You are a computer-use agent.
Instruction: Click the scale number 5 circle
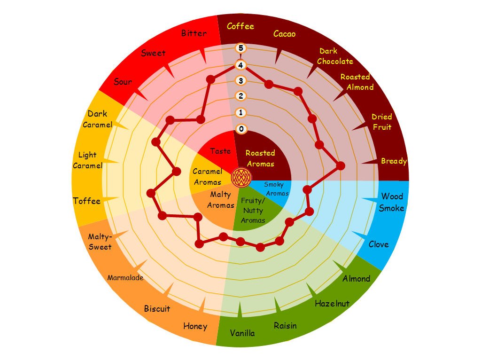(241, 48)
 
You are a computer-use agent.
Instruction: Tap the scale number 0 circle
(241, 129)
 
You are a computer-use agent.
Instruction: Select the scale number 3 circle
(241, 80)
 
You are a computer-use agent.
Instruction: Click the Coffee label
(240, 26)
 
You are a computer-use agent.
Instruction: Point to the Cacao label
(284, 34)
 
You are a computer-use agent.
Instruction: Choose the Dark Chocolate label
(335, 56)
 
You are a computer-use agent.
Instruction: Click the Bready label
(394, 161)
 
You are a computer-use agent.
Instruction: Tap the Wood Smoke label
(391, 202)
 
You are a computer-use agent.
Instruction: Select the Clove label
(379, 244)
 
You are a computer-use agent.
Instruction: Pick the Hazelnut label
(332, 303)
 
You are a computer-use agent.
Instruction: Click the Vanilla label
(242, 333)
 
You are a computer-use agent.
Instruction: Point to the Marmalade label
(125, 278)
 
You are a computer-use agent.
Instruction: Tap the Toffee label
(87, 201)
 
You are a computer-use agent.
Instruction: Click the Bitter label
(194, 33)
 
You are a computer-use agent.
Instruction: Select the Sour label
(123, 82)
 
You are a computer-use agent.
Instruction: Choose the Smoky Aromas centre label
(276, 188)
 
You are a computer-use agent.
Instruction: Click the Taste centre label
(220, 151)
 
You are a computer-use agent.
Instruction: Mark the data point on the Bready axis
(341, 165)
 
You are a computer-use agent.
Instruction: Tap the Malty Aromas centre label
(220, 200)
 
